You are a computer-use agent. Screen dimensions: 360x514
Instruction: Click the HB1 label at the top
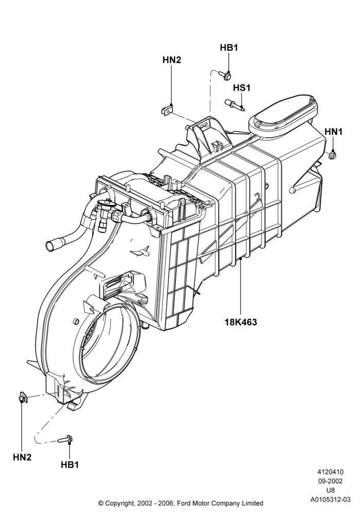(228, 48)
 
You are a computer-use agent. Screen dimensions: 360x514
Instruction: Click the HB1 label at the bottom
(70, 465)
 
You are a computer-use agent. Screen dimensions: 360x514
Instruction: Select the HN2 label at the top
(171, 60)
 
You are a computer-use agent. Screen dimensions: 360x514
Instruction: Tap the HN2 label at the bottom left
(22, 457)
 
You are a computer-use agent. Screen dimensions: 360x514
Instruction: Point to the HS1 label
(242, 88)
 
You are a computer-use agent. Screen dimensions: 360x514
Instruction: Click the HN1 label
(333, 132)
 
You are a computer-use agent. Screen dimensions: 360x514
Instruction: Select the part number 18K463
(241, 322)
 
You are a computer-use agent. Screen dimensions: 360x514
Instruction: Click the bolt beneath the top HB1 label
(225, 75)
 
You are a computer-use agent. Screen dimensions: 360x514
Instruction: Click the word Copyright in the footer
(120, 503)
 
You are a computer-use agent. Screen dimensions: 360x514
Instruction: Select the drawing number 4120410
(330, 472)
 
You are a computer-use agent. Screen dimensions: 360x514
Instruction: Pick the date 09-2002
(330, 481)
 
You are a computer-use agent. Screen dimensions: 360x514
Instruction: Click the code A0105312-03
(331, 500)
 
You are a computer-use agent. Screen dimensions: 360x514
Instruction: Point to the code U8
(331, 490)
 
